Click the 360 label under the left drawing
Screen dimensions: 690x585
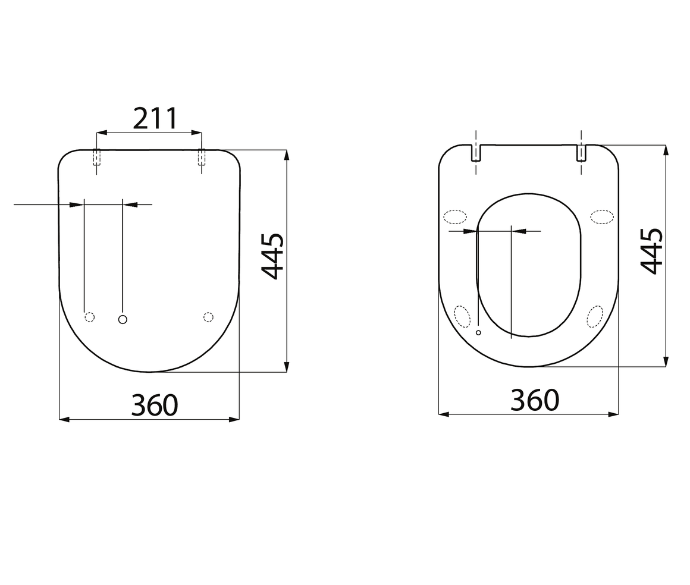tap(155, 405)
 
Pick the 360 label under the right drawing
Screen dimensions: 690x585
tap(535, 400)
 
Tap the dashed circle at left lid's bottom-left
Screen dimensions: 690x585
tap(89, 317)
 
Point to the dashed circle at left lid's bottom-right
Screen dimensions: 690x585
tap(209, 317)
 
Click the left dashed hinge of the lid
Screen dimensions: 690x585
tap(96, 157)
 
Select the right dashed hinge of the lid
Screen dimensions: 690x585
tap(202, 157)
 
